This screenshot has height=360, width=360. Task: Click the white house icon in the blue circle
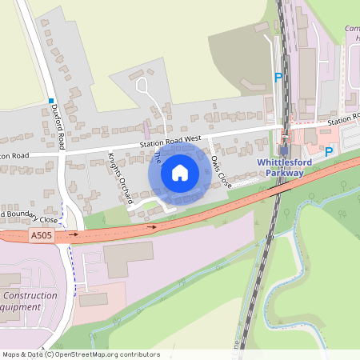coord(180,173)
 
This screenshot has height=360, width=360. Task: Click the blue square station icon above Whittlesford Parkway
coord(284,150)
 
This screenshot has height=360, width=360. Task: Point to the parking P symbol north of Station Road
coord(278,78)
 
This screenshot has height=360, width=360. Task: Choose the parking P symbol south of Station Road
coord(328,150)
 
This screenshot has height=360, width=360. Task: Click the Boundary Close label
coord(30,216)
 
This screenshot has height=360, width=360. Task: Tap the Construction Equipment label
coord(29,301)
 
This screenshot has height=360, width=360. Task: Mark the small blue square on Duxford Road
coord(50,101)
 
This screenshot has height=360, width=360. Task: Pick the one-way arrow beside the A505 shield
coord(74,235)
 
